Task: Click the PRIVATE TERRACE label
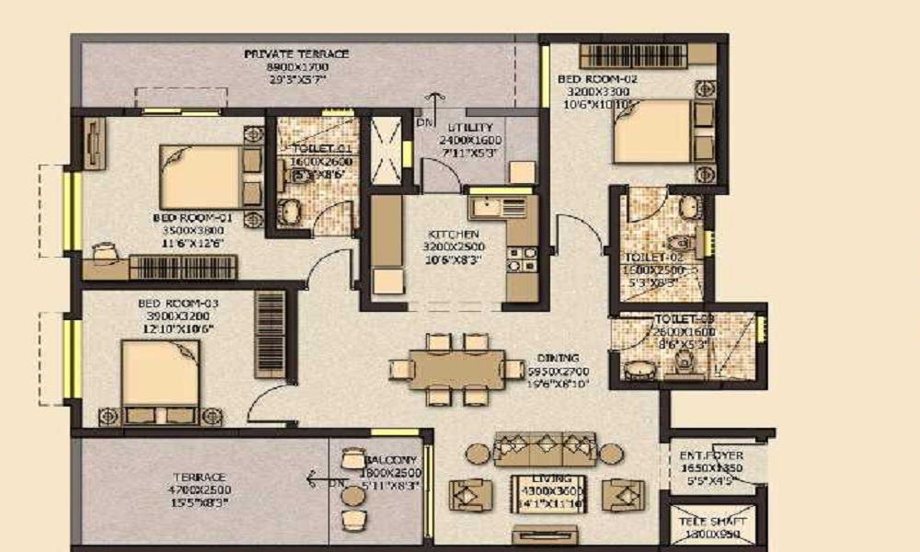tap(284, 54)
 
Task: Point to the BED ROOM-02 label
tap(597, 80)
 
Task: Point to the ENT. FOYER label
tap(711, 455)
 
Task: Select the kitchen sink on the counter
tap(486, 204)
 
